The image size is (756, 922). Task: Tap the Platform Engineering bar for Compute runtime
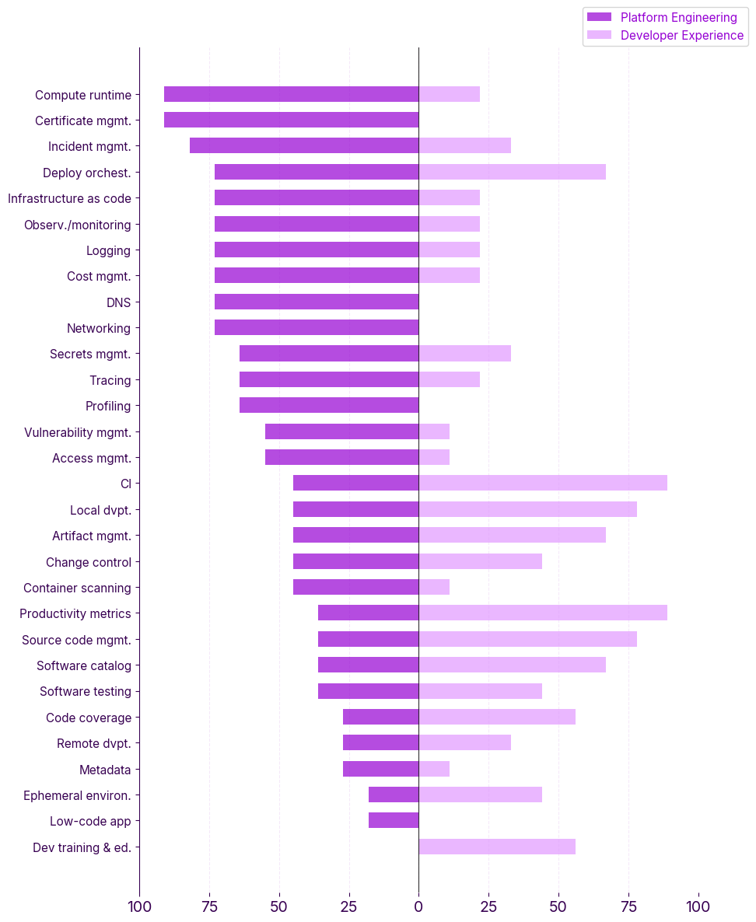(291, 94)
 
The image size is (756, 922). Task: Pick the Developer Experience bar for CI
(543, 483)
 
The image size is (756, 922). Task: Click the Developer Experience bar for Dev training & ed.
(497, 847)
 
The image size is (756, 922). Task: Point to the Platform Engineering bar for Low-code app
(394, 820)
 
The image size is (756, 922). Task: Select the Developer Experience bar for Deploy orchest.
(512, 172)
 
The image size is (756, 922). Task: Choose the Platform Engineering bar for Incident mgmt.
(304, 145)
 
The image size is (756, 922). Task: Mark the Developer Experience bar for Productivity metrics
(543, 613)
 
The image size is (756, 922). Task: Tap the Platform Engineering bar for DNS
(317, 302)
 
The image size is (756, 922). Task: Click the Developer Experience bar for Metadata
(434, 769)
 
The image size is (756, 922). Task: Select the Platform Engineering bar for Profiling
(329, 405)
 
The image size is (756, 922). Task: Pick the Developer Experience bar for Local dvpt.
(527, 509)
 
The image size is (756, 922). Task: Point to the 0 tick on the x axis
(418, 906)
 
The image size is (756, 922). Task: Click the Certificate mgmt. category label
(83, 120)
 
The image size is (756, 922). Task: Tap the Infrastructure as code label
(69, 198)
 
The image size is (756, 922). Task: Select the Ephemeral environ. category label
(77, 795)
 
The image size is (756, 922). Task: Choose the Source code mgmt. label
(76, 640)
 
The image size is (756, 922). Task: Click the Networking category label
(99, 328)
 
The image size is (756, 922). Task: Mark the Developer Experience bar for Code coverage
(497, 717)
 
